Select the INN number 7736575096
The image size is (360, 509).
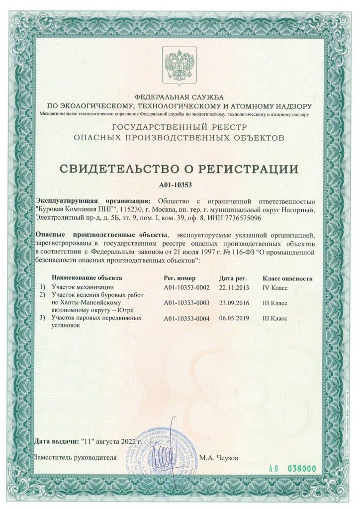point(244,218)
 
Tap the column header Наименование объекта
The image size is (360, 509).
point(87,277)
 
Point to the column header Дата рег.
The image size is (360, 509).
point(233,277)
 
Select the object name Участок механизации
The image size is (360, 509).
point(83,287)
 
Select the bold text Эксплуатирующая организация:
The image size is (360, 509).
point(90,201)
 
